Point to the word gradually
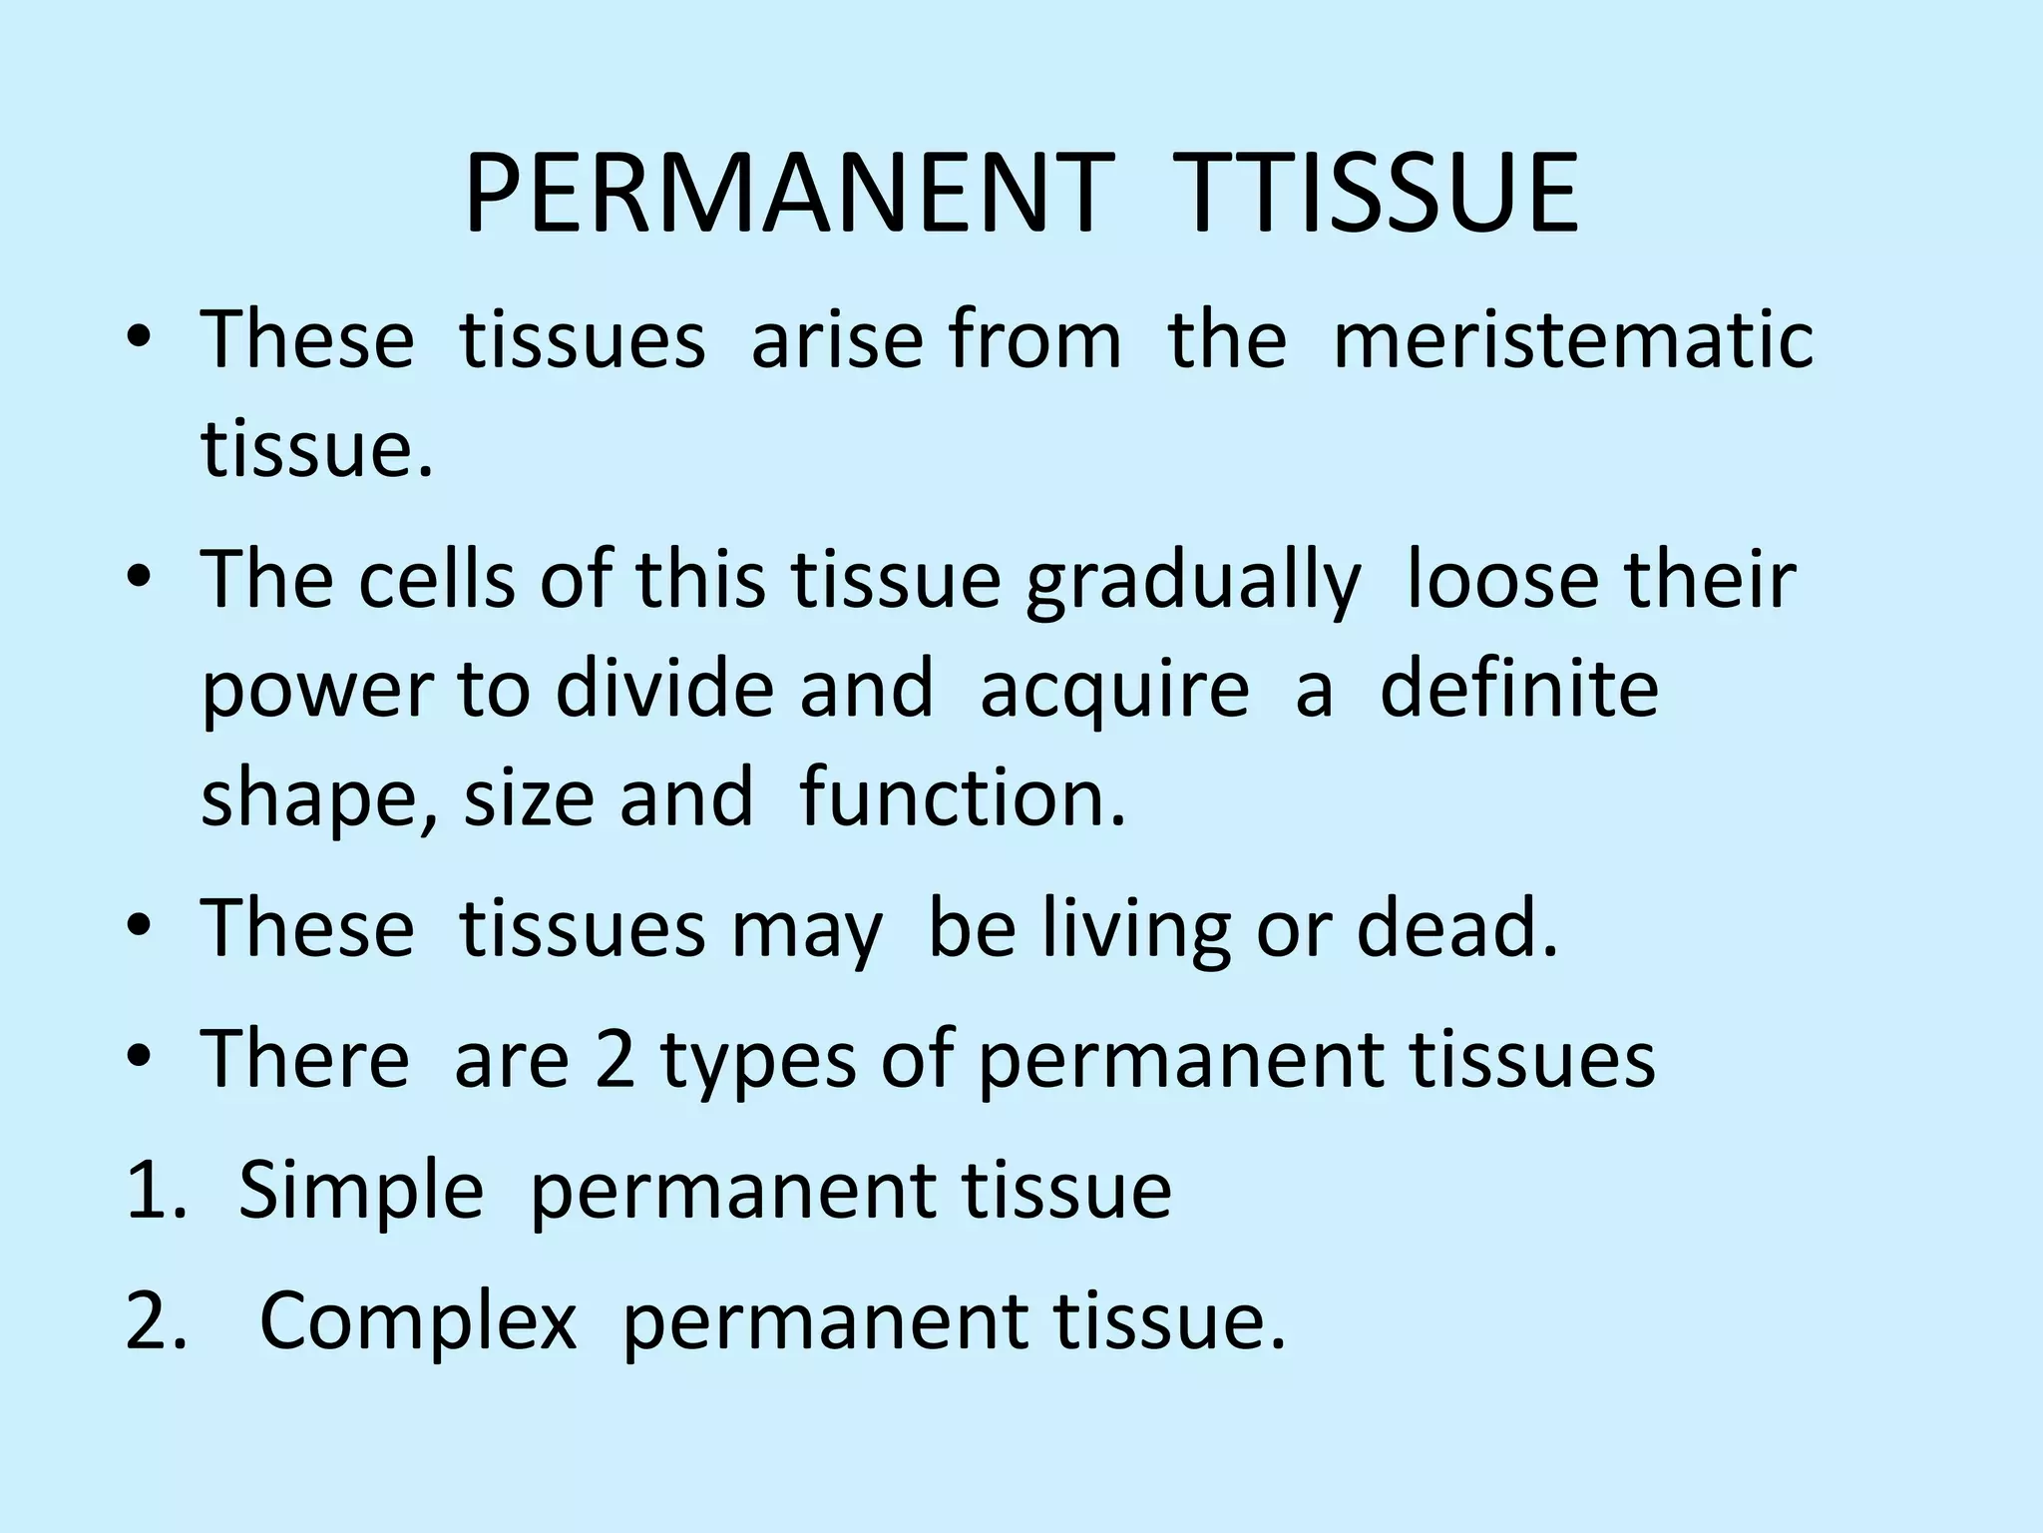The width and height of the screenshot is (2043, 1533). [1192, 583]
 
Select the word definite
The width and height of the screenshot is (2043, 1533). [1518, 689]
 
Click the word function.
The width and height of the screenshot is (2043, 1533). [963, 798]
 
